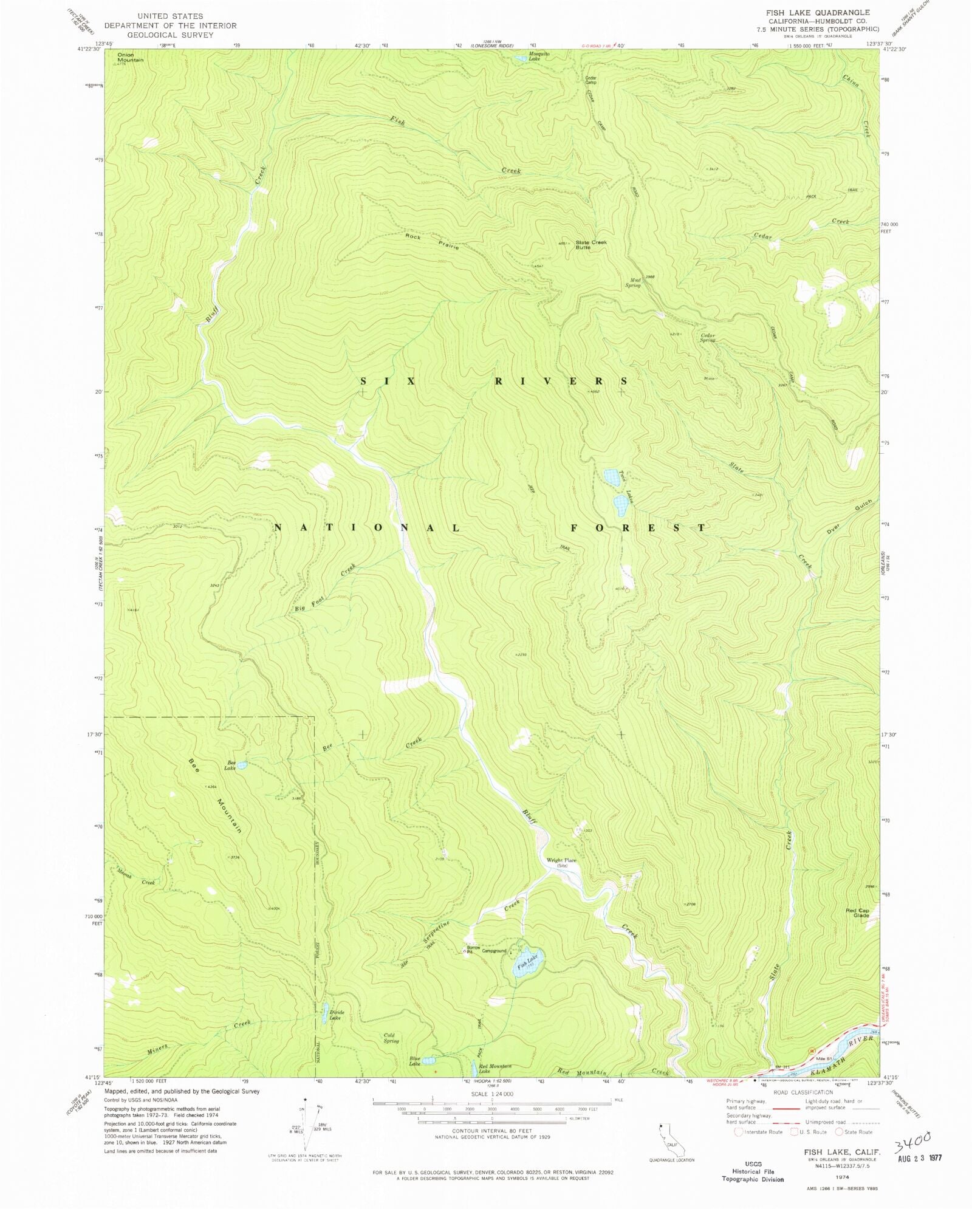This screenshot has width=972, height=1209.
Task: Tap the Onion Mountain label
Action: pyautogui.click(x=131, y=58)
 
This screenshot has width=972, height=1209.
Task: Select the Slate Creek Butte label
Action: pyautogui.click(x=590, y=245)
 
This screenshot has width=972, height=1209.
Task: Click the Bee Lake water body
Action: pyautogui.click(x=242, y=766)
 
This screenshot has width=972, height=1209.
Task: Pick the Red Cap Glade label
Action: pyautogui.click(x=857, y=913)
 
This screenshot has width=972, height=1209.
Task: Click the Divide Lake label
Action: pyautogui.click(x=337, y=1015)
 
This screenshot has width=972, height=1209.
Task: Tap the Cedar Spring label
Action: pyautogui.click(x=708, y=338)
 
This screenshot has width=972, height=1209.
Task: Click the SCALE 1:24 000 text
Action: pyautogui.click(x=491, y=1094)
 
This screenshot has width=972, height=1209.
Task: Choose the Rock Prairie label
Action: pyautogui.click(x=433, y=241)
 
